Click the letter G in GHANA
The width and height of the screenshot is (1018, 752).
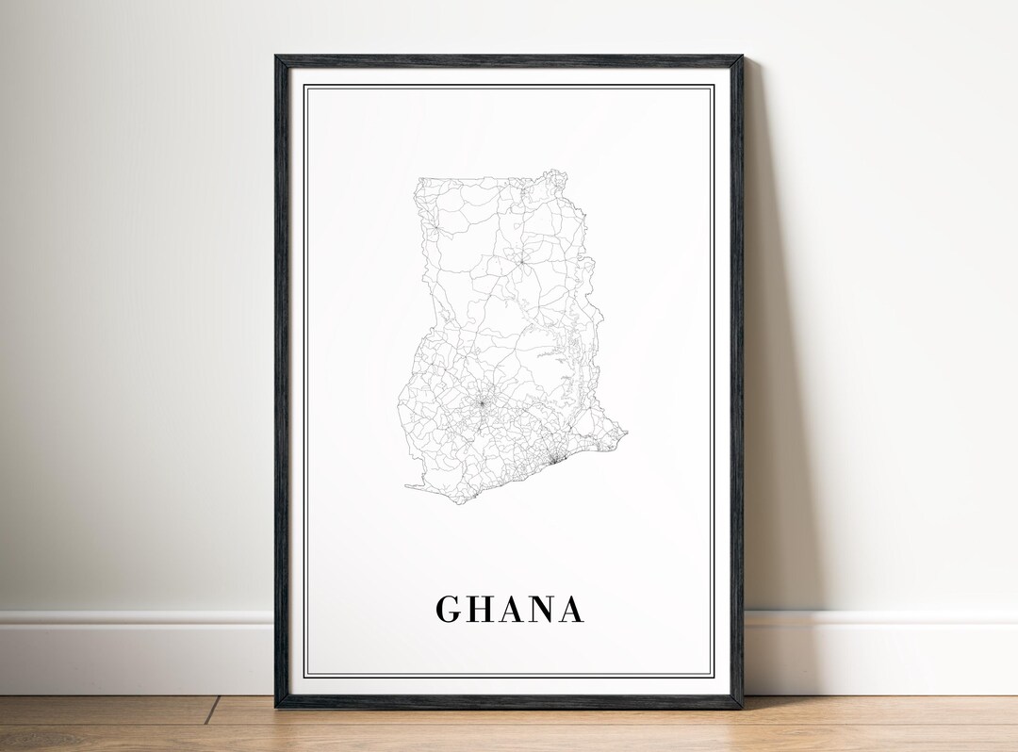449,610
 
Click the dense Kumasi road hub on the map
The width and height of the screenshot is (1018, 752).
481,403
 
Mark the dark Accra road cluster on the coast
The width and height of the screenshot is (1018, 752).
554,459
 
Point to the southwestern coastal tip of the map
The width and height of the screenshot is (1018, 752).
407,486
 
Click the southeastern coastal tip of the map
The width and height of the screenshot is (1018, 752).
625,433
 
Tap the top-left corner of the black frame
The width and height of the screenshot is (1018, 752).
277,57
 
